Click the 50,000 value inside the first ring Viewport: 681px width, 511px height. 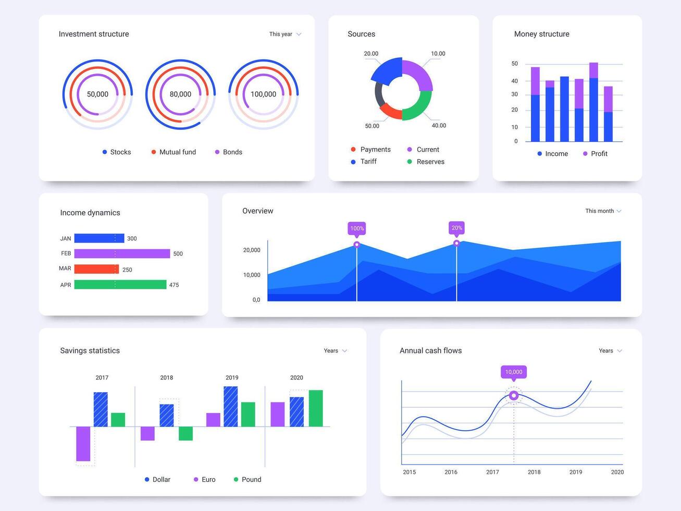97,94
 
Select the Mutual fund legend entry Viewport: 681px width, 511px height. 174,152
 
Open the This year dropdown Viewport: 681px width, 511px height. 285,34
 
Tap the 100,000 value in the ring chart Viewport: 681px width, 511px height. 263,94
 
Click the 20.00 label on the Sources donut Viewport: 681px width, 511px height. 371,54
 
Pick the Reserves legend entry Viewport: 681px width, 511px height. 426,162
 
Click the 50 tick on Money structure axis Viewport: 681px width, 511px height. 515,64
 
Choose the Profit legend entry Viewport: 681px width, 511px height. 595,154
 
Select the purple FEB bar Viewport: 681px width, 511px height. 122,253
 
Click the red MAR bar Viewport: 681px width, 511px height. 96,269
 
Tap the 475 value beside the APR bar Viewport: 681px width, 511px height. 174,285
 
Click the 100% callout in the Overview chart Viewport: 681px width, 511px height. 357,228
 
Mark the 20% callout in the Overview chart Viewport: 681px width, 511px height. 456,228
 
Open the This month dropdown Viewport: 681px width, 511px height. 603,211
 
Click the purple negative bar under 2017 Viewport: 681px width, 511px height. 83,444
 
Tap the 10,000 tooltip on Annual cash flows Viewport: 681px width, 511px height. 514,372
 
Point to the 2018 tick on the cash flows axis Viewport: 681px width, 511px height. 534,472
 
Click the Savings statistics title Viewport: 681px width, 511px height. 90,351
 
